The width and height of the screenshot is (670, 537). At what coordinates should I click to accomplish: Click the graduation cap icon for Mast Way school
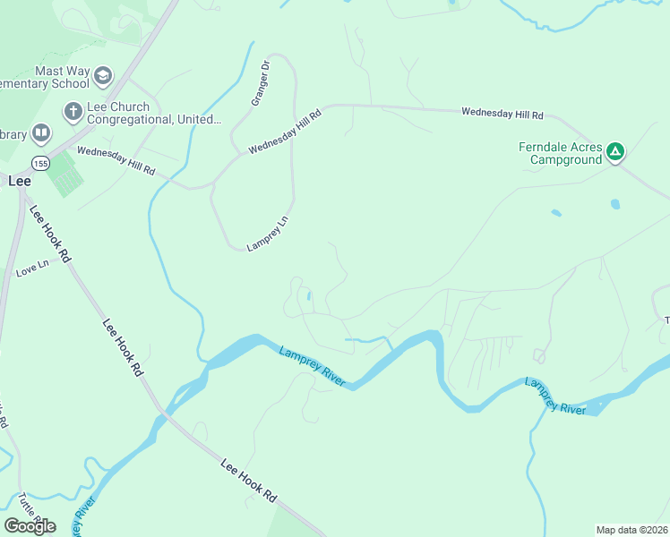point(103,76)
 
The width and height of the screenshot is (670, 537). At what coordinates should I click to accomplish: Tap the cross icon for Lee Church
point(72,112)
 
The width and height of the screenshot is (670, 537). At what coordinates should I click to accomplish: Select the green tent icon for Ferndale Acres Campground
point(614,152)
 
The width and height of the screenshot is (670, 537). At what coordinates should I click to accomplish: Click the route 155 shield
point(40,163)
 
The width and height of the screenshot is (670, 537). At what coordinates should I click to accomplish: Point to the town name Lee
point(20,180)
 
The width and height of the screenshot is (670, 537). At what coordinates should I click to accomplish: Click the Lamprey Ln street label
point(269,232)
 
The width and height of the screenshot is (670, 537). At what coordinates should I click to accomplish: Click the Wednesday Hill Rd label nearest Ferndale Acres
point(502,114)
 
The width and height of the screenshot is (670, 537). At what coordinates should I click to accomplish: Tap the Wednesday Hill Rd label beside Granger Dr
point(285,132)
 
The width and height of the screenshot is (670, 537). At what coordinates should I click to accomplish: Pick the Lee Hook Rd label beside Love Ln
point(50,234)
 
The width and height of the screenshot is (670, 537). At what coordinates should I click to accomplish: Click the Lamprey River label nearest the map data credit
point(555,396)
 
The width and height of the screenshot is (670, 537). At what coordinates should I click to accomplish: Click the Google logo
point(30,525)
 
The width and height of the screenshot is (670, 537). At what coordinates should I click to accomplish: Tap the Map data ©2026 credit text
point(631,529)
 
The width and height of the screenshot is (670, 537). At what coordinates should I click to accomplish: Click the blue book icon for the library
point(40,134)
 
